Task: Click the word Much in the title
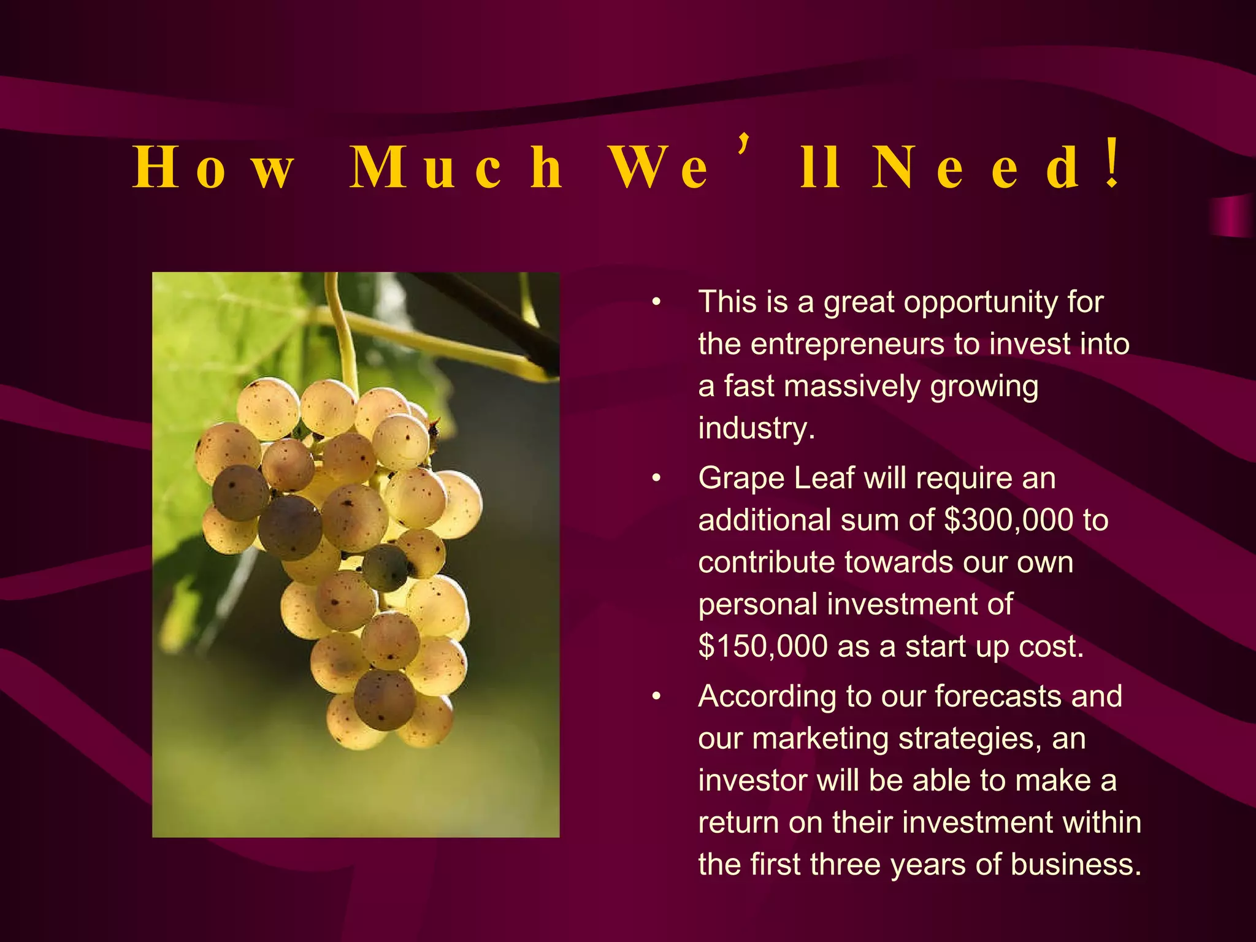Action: click(x=456, y=167)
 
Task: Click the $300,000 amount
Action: click(x=1008, y=520)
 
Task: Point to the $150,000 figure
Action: click(x=763, y=646)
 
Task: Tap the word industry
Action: click(x=756, y=428)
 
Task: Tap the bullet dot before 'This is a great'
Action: click(x=656, y=302)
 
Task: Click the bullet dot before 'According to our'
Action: click(x=656, y=697)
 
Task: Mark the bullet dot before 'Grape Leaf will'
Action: click(x=656, y=478)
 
